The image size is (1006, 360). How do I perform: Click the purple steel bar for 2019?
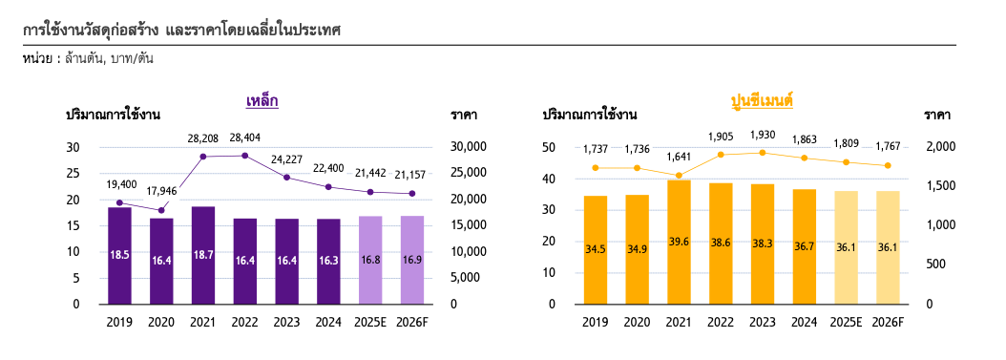[x=119, y=255]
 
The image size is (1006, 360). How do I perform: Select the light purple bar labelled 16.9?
[x=412, y=260]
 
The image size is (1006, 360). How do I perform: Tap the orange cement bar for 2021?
[x=679, y=242]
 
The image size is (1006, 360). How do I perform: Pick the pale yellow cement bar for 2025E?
[x=846, y=247]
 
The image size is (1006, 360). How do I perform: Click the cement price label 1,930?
[x=763, y=135]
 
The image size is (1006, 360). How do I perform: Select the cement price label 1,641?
[x=679, y=158]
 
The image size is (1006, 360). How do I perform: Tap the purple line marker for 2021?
[x=202, y=157]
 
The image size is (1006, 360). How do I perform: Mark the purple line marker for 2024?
[x=328, y=187]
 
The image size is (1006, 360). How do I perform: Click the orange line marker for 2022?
[x=721, y=155]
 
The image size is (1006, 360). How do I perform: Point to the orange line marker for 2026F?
[x=888, y=165]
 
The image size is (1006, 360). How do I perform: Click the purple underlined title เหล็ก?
[x=262, y=101]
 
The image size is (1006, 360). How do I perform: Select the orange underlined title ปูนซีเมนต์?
[x=763, y=101]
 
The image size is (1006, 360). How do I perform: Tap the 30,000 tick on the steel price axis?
[x=469, y=147]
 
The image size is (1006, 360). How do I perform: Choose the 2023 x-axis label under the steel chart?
[x=286, y=322]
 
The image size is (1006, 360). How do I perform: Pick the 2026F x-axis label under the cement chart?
[x=888, y=322]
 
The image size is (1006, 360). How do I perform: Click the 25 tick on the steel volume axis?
[x=73, y=173]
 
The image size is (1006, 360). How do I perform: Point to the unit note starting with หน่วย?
[x=87, y=59]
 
